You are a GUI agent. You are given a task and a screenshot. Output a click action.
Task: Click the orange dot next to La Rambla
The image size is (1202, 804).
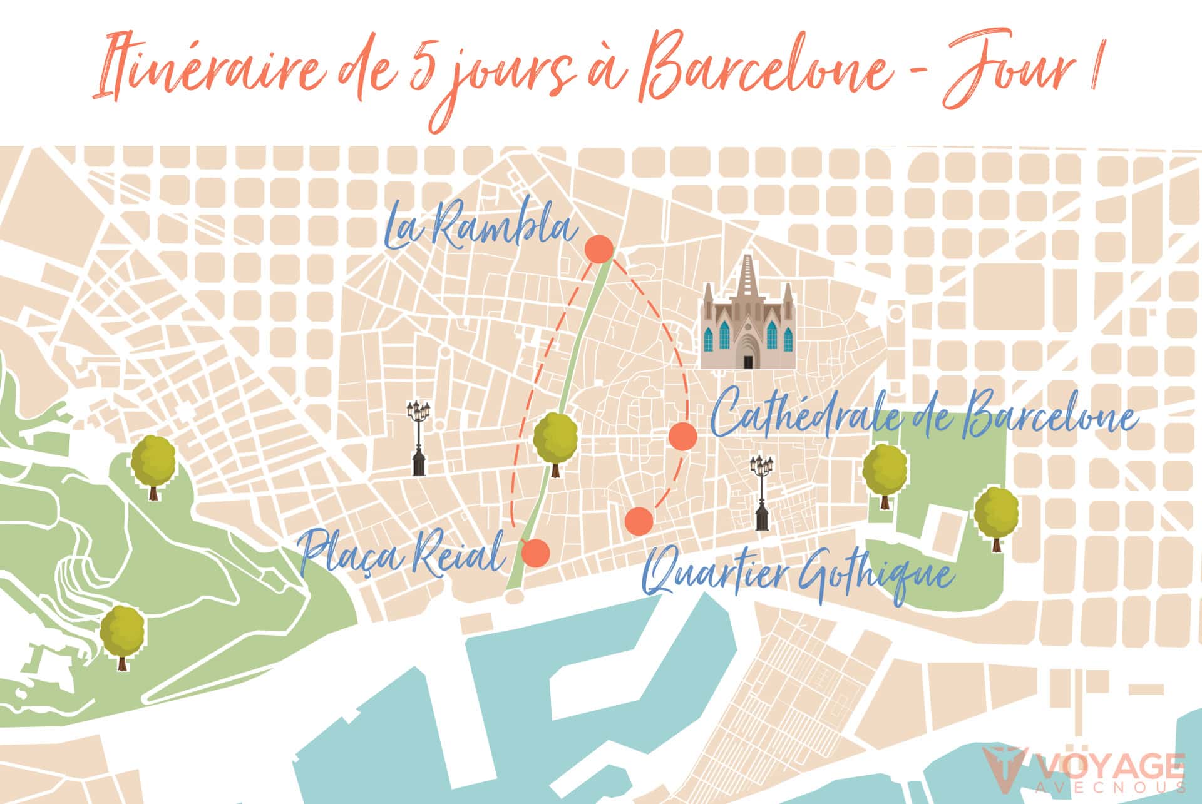pyautogui.click(x=599, y=249)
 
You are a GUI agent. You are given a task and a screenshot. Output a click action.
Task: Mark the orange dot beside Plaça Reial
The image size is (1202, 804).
pyautogui.click(x=535, y=552)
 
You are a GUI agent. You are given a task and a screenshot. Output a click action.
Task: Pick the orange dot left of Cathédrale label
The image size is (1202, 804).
pyautogui.click(x=682, y=436)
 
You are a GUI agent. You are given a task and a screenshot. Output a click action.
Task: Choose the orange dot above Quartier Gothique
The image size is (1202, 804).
pyautogui.click(x=639, y=521)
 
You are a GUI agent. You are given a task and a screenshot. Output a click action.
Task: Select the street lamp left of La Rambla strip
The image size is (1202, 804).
pyautogui.click(x=419, y=438)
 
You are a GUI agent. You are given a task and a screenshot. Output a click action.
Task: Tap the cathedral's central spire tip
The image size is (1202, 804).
pyautogui.click(x=747, y=257)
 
